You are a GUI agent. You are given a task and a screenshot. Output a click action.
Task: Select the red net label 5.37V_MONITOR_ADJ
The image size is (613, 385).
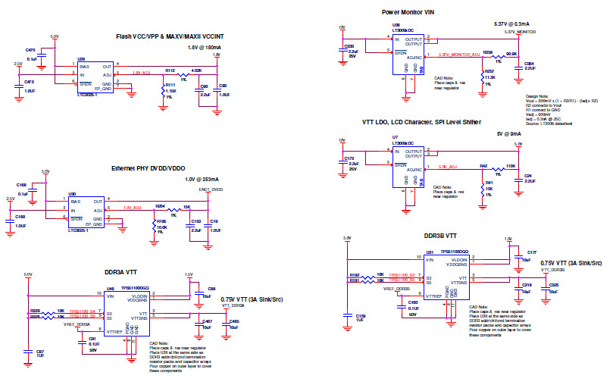(460, 55)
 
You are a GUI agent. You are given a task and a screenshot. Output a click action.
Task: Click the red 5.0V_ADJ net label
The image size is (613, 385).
(447, 165)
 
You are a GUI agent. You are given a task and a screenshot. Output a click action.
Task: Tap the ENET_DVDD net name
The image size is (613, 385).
(211, 189)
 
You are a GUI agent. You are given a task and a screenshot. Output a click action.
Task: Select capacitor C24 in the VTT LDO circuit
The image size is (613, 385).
(518, 179)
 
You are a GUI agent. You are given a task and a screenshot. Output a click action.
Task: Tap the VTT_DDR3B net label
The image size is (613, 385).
(552, 270)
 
